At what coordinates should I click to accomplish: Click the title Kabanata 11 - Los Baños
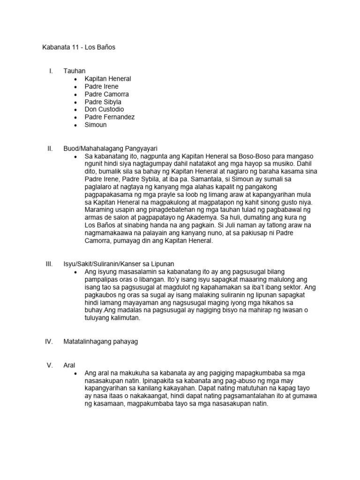pyautogui.click(x=79, y=48)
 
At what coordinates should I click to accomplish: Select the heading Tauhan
pyautogui.click(x=75, y=71)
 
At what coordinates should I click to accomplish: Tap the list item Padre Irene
pyautogui.click(x=101, y=86)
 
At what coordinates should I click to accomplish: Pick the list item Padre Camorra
pyautogui.click(x=106, y=94)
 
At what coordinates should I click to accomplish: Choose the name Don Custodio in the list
pyautogui.click(x=104, y=109)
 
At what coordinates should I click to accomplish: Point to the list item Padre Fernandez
pyautogui.click(x=109, y=117)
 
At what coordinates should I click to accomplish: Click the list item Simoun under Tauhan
pyautogui.click(x=96, y=125)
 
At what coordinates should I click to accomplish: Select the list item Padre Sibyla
pyautogui.click(x=103, y=102)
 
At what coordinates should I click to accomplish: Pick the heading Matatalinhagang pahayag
pyautogui.click(x=101, y=342)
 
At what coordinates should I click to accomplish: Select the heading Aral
pyautogui.click(x=69, y=365)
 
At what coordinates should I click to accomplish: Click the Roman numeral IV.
pyautogui.click(x=49, y=342)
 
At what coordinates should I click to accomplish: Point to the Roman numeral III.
pyautogui.click(x=49, y=264)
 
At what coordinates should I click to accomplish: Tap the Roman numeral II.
pyautogui.click(x=50, y=148)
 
